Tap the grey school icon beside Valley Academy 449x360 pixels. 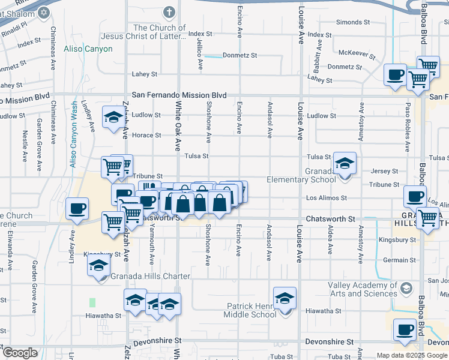[407, 289]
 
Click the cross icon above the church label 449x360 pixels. [170, 12]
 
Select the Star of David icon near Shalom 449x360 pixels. [43, 12]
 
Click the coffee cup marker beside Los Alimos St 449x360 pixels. [415, 196]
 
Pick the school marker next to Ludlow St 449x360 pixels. [113, 117]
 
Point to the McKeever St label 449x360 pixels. [357, 52]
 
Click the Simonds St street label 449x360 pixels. [352, 22]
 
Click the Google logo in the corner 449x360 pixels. [20, 353]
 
